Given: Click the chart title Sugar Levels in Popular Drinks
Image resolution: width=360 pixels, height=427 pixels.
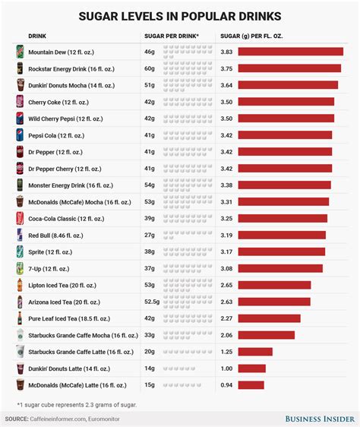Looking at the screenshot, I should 180,16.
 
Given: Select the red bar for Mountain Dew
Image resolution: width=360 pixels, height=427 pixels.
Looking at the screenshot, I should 290,52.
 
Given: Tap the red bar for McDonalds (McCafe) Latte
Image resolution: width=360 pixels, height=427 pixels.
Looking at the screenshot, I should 251,384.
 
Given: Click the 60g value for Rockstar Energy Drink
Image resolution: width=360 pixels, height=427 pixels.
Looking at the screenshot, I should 151,68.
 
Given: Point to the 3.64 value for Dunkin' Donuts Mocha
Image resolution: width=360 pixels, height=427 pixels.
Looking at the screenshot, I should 226,85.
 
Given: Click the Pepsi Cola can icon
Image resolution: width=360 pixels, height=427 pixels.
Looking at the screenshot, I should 20,135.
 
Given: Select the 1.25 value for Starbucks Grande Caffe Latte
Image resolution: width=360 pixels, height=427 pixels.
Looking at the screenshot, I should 226,351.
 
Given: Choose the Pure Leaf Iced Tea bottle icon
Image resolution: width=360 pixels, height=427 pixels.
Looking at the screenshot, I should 20,318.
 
